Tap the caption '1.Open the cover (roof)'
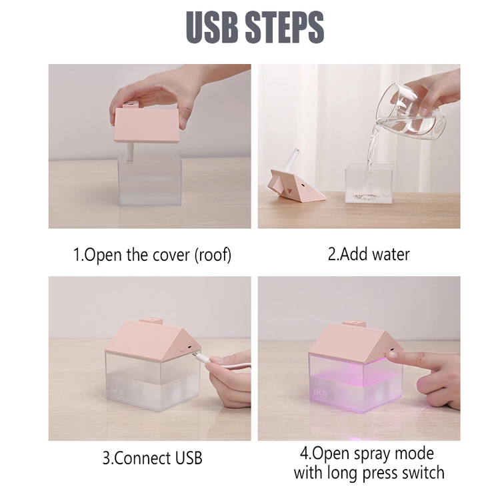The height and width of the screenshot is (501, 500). (x=152, y=255)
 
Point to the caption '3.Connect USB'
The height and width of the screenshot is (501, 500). (x=152, y=458)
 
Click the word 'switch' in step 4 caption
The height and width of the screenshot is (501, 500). (x=418, y=473)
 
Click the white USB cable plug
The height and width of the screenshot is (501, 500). (x=201, y=359)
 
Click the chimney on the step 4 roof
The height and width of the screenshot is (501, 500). (x=359, y=324)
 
